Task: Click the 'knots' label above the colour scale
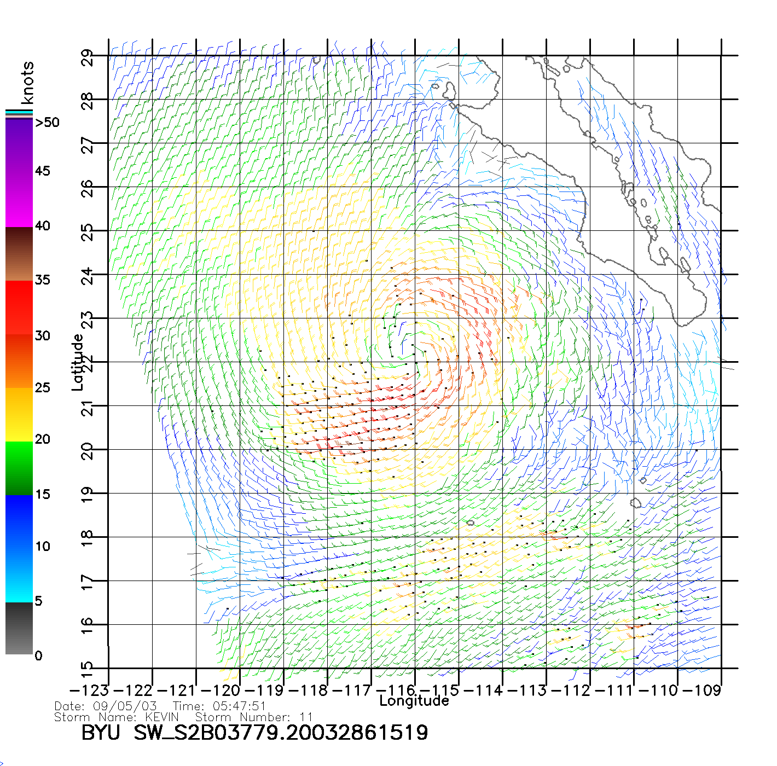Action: click(27, 83)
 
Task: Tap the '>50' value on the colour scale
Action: click(47, 123)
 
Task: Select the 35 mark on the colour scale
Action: click(42, 280)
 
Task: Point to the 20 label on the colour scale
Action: click(42, 439)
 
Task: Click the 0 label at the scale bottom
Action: click(38, 655)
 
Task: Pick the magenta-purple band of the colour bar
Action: click(19, 172)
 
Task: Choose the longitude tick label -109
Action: click(702, 690)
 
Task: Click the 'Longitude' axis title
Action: click(414, 701)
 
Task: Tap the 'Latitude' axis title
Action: click(78, 362)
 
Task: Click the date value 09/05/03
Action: click(125, 706)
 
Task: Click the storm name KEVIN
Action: click(162, 717)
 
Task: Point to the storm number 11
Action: click(306, 717)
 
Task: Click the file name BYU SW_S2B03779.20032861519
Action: click(254, 733)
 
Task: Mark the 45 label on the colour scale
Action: click(42, 171)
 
